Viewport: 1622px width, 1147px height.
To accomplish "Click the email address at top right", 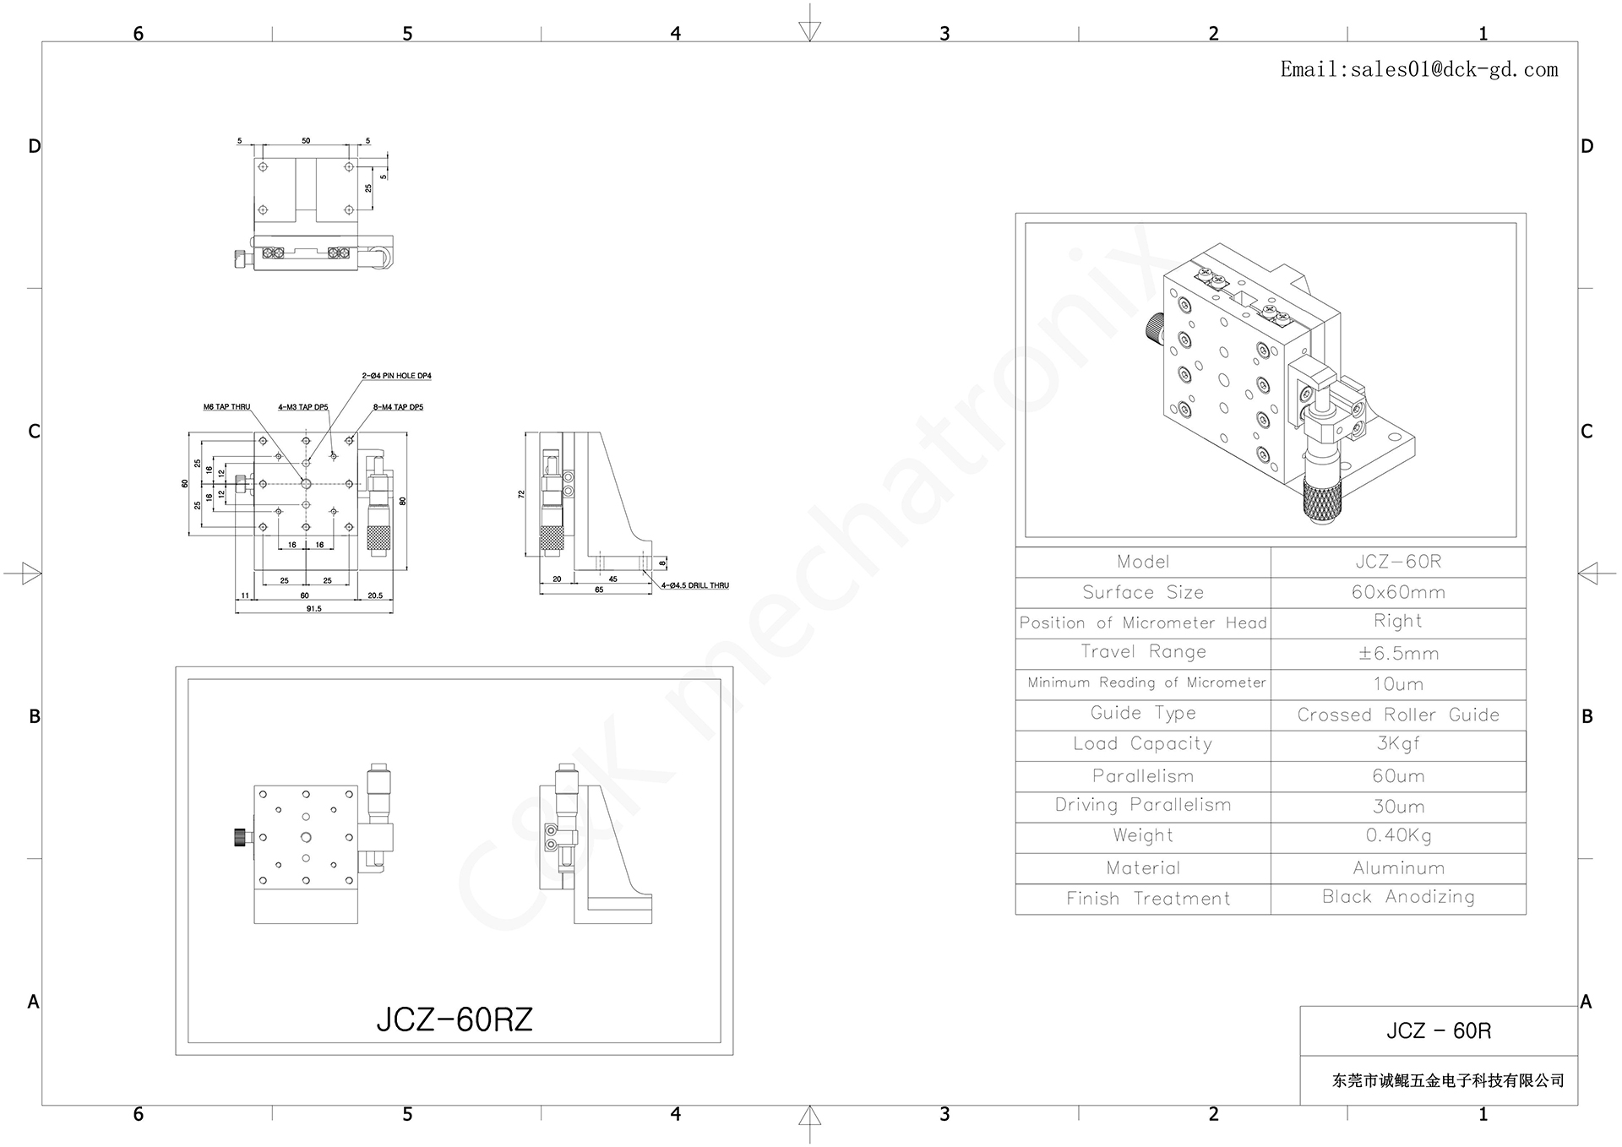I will click(1418, 70).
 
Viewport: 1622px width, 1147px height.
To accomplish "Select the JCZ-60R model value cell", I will click(1398, 562).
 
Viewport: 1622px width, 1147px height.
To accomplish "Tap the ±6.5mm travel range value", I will click(1398, 654).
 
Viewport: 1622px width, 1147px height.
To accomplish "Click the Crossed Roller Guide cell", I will click(1398, 715).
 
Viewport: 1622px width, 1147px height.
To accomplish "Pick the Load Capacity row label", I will click(1142, 744).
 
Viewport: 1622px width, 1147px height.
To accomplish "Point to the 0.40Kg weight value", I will click(1398, 836).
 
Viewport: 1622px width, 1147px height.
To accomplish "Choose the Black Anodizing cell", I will click(1398, 897).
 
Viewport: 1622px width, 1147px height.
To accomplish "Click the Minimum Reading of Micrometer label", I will click(1146, 682).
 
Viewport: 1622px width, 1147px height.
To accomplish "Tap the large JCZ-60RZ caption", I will click(454, 1020).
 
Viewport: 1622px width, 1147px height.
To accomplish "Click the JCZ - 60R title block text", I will click(1438, 1031).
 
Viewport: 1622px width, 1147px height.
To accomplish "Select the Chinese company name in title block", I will click(1448, 1081).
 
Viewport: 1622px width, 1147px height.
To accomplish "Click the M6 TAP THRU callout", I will click(226, 407).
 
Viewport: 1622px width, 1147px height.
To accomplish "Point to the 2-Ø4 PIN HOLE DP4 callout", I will click(396, 376).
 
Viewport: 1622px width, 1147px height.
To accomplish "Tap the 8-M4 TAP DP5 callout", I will click(398, 407).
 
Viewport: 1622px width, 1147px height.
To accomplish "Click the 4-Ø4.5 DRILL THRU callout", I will click(694, 585).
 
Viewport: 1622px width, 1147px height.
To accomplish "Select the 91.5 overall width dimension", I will click(313, 608).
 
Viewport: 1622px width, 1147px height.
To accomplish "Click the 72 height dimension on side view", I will click(522, 494).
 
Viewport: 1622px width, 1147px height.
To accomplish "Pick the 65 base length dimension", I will click(599, 590).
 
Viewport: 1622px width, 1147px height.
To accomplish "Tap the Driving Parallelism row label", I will click(1142, 806).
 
